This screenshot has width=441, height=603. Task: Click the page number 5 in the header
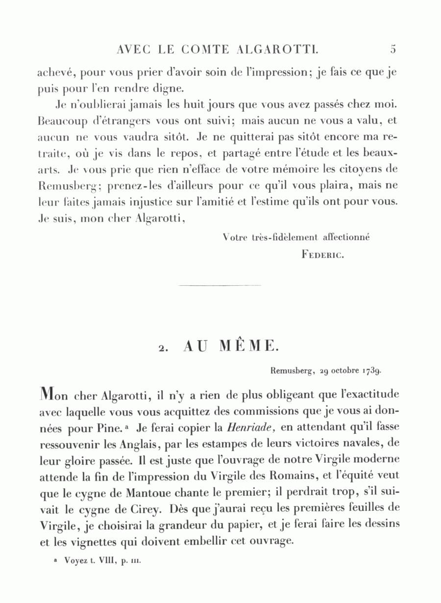(393, 49)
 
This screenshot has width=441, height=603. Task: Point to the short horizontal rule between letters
(220, 285)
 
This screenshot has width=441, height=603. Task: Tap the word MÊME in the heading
(248, 346)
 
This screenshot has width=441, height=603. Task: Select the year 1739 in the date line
(372, 371)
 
